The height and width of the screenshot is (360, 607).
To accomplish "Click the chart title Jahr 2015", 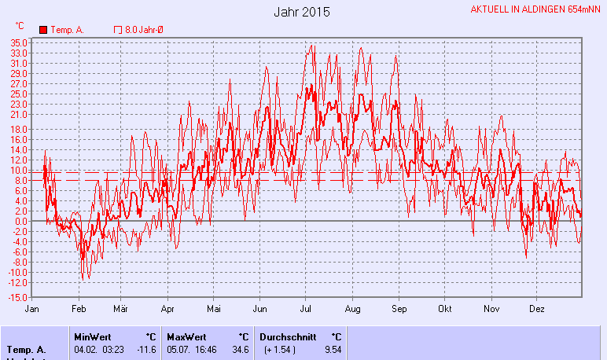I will [x=302, y=13].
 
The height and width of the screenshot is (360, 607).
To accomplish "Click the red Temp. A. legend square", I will [x=44, y=30].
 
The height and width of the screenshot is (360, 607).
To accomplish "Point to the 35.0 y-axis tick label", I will [x=20, y=43].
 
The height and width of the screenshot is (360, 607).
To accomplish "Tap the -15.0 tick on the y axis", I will [x=19, y=297].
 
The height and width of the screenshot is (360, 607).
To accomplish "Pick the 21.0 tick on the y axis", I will [x=20, y=114].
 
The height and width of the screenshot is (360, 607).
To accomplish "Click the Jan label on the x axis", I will [x=33, y=309].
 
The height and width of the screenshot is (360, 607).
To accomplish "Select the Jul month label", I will [x=306, y=309].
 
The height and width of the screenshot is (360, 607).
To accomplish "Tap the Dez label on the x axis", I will [x=536, y=309].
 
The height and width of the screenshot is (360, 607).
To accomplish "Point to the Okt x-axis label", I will [x=446, y=309].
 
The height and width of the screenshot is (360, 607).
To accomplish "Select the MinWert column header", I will [x=92, y=336].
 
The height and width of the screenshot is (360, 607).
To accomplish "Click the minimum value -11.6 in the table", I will [x=145, y=349].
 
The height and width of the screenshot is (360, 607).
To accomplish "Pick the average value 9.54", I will [x=333, y=349].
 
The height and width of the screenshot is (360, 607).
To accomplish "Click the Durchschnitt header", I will [x=288, y=336].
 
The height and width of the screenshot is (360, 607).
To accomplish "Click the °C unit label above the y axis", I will [x=20, y=26].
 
